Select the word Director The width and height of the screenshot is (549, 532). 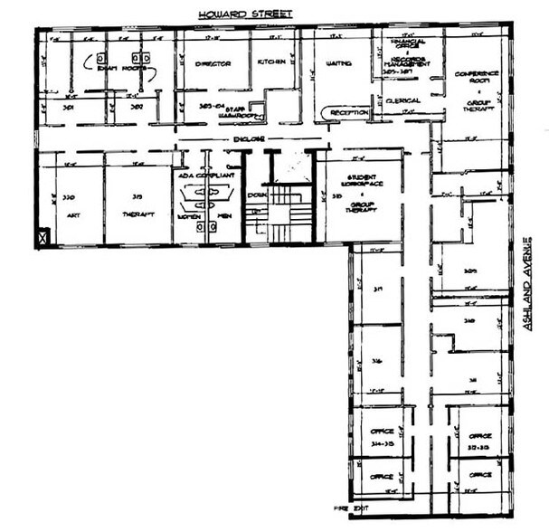pyautogui.click(x=213, y=63)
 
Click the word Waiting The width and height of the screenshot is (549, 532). pyautogui.click(x=337, y=63)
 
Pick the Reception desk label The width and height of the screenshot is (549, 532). pyautogui.click(x=348, y=112)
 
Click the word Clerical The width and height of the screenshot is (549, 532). pyautogui.click(x=402, y=100)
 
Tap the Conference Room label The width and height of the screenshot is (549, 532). pyautogui.click(x=477, y=77)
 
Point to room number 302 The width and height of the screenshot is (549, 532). pyautogui.click(x=137, y=107)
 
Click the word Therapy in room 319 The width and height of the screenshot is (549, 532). pyautogui.click(x=138, y=214)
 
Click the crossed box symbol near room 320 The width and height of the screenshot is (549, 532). pyautogui.click(x=42, y=239)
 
